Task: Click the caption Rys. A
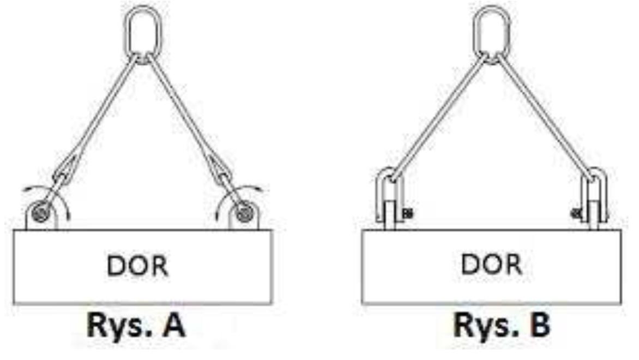click(136, 325)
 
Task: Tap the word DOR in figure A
click(137, 266)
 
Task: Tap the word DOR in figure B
click(491, 264)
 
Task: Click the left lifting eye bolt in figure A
click(41, 214)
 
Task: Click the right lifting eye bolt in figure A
click(243, 214)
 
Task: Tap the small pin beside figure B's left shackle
click(407, 213)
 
